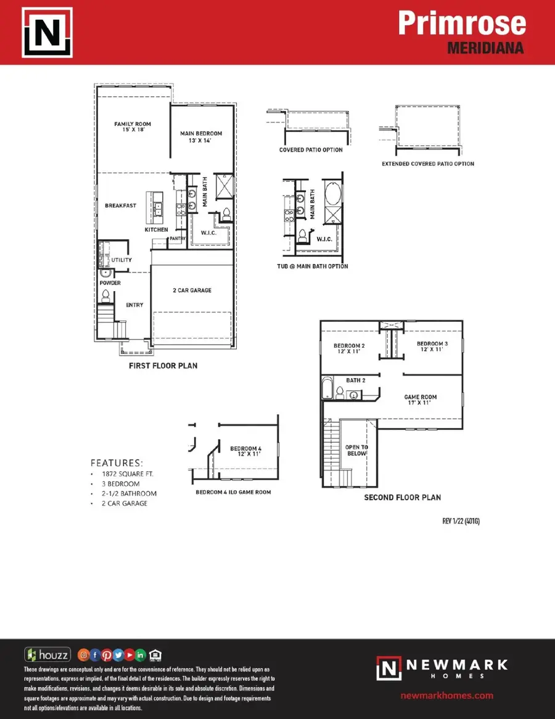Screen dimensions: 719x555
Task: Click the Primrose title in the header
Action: point(461,23)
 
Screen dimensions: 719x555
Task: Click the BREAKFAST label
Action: point(120,205)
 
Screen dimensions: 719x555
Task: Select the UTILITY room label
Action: point(121,260)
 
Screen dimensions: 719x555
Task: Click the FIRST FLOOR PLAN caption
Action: point(163,366)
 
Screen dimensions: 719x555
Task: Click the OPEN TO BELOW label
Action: point(356,450)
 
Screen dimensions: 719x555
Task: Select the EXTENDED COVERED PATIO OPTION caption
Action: point(428,164)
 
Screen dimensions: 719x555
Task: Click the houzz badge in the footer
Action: point(47,655)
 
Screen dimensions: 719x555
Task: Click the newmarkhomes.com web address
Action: point(447,695)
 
